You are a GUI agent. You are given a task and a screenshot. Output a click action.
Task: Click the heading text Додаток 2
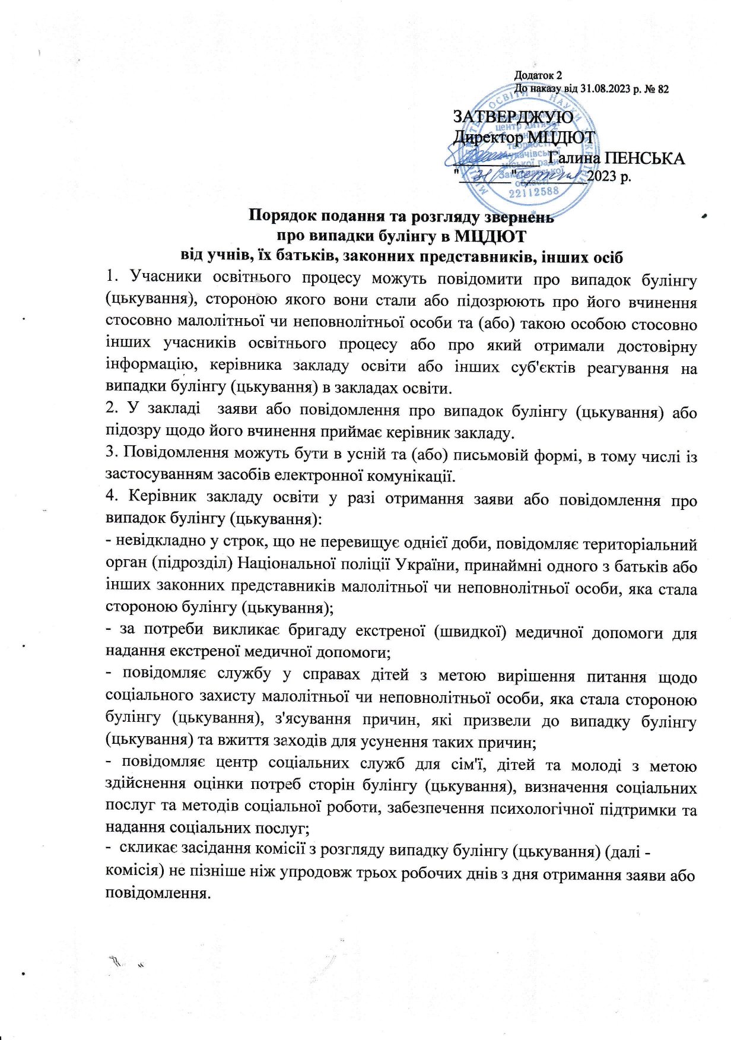538,75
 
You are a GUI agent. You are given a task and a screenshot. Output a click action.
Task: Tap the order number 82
663,89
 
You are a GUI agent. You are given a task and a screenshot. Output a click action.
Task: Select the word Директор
488,138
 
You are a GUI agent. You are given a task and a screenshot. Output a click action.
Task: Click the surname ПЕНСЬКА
644,158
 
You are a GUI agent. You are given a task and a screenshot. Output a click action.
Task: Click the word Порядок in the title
282,216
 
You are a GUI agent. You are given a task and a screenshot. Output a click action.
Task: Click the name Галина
574,158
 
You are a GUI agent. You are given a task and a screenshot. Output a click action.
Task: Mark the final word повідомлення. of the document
158,894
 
